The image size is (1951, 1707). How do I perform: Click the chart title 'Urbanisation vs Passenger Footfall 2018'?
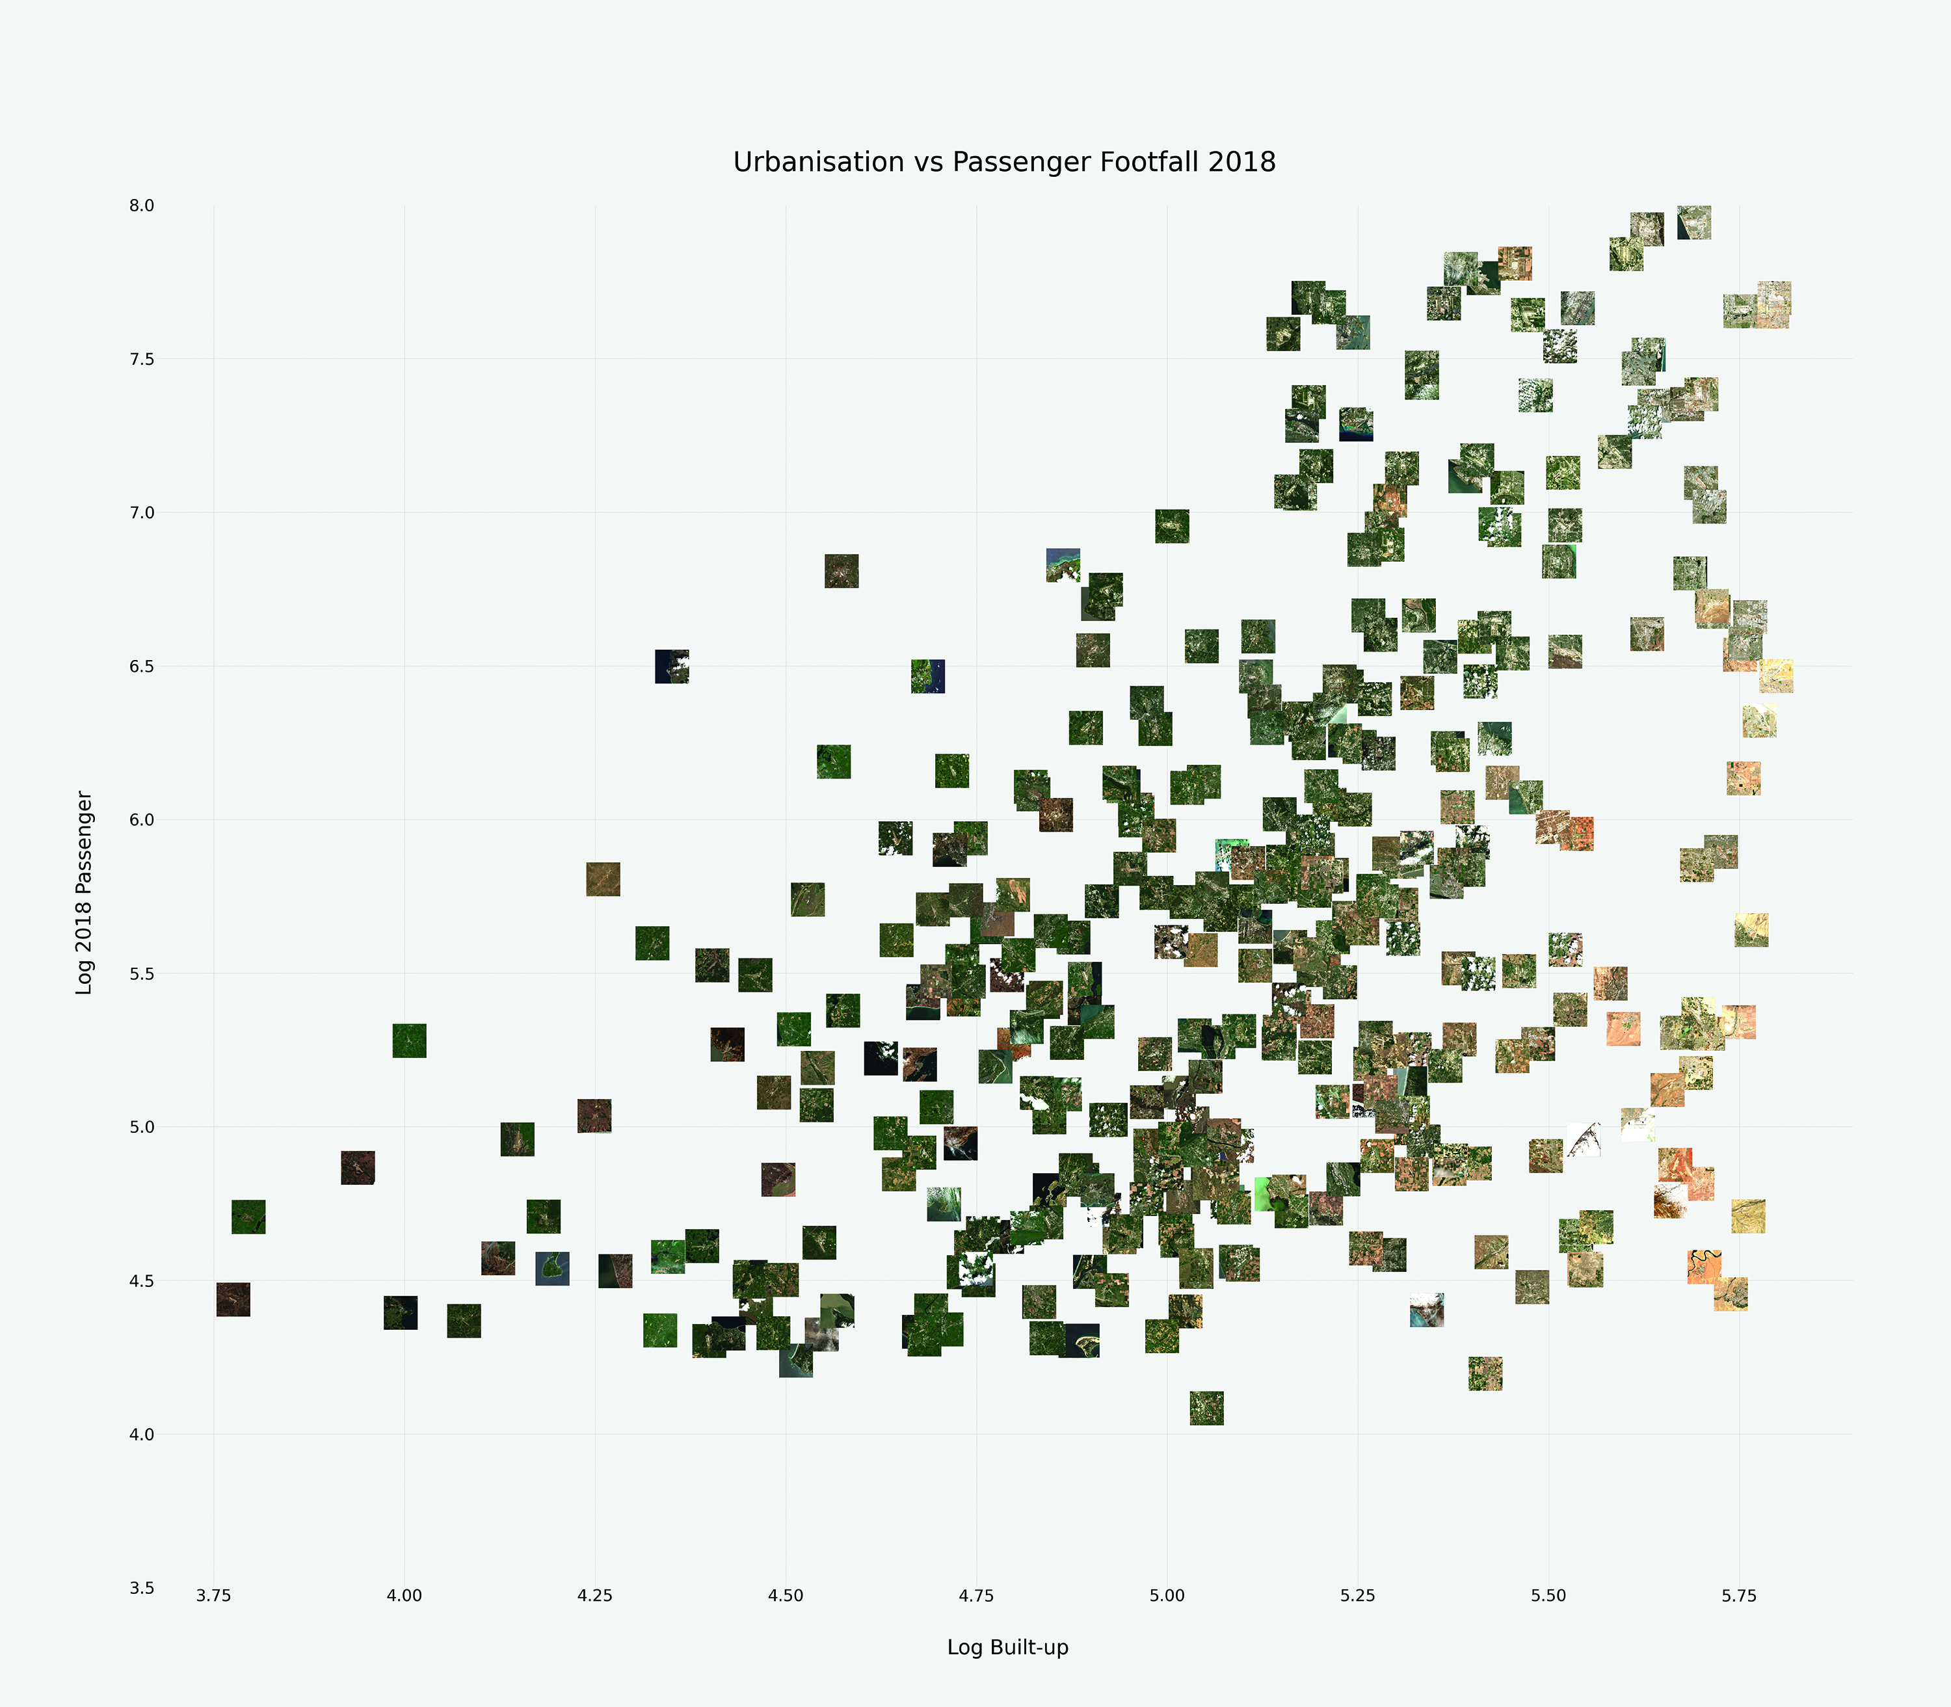click(1004, 162)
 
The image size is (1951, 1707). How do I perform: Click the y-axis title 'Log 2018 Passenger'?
click(85, 893)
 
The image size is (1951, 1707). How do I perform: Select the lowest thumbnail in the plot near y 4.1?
click(1206, 1408)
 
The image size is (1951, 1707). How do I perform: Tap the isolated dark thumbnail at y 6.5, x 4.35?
click(672, 667)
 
